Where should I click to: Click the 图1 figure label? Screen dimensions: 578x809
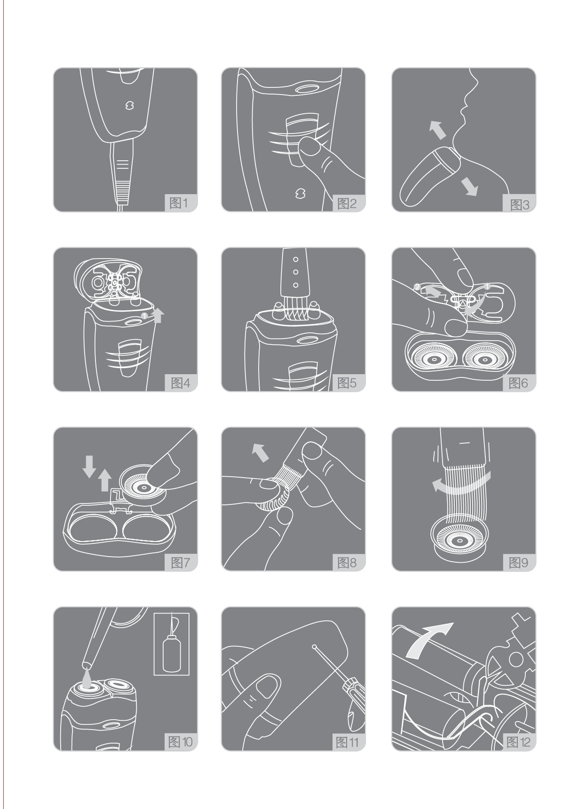[x=179, y=204]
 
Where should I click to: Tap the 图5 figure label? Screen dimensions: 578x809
[x=347, y=383]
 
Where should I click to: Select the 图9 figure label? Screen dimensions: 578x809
[x=518, y=563]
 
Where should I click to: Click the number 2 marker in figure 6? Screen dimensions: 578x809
[x=417, y=286]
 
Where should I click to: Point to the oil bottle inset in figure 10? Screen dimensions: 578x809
[x=171, y=644]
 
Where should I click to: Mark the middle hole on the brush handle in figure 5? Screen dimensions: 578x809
[x=295, y=272]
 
